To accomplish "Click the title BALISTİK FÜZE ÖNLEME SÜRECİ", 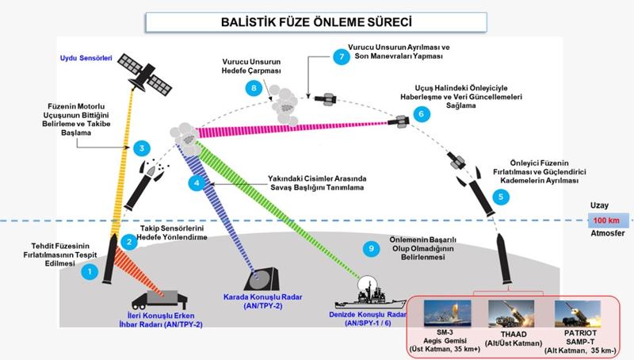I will (316, 21).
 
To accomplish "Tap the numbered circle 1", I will (92, 272).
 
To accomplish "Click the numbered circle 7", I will (342, 57).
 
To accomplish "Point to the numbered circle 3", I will (141, 147).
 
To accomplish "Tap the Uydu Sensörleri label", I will (86, 57).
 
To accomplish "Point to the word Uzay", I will (599, 205).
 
